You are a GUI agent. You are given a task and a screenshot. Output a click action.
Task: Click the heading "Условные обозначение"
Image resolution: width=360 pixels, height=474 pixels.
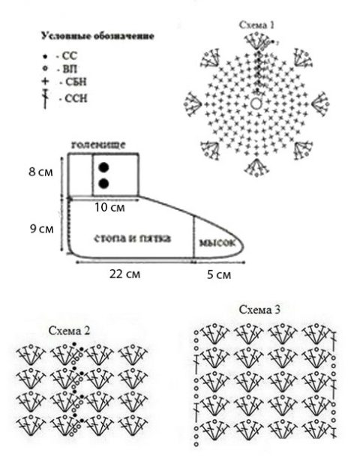pyautogui.click(x=97, y=36)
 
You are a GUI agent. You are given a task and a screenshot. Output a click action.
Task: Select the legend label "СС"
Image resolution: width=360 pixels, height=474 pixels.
pyautogui.click(x=70, y=56)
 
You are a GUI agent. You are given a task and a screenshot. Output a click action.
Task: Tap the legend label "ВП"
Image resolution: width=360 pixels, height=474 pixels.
pyautogui.click(x=70, y=69)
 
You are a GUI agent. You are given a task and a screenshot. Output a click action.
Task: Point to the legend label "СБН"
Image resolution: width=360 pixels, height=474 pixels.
pyautogui.click(x=76, y=82)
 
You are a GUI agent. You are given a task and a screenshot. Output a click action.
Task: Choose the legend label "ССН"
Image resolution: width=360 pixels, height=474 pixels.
pyautogui.click(x=76, y=98)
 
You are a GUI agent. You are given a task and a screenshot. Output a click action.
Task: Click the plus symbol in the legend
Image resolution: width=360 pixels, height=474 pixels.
pyautogui.click(x=45, y=81)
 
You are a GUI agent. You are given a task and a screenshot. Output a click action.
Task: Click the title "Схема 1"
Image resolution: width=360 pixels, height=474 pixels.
pyautogui.click(x=257, y=25)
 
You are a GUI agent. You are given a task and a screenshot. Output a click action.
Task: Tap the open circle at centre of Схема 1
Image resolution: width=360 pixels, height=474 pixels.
pyautogui.click(x=256, y=103)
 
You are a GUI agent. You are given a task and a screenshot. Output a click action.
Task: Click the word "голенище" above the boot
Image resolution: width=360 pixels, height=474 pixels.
pyautogui.click(x=98, y=145)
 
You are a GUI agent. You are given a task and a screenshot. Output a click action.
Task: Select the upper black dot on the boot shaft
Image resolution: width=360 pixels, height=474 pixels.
pyautogui.click(x=103, y=167)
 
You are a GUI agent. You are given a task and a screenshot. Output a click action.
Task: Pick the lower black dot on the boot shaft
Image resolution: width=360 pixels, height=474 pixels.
pyautogui.click(x=103, y=184)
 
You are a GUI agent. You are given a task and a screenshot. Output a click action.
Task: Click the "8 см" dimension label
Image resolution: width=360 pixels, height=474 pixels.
pyautogui.click(x=40, y=172)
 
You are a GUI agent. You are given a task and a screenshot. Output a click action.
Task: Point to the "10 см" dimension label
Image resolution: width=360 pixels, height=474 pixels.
pyautogui.click(x=109, y=207)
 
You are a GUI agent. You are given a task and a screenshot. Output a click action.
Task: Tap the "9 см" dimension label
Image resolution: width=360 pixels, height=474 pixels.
pyautogui.click(x=41, y=229)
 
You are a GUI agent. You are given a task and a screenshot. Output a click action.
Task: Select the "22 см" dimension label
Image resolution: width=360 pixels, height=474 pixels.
pyautogui.click(x=124, y=274)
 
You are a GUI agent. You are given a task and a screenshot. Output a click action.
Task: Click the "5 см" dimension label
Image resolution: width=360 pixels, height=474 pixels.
pyautogui.click(x=219, y=274)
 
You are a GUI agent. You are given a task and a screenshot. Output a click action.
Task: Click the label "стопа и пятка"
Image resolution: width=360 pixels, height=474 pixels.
pyautogui.click(x=133, y=238)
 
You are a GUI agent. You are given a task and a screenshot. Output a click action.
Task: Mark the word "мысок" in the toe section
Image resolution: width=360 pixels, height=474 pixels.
pyautogui.click(x=217, y=243)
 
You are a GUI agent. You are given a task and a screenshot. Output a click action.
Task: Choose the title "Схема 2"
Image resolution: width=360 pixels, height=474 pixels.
pyautogui.click(x=69, y=331)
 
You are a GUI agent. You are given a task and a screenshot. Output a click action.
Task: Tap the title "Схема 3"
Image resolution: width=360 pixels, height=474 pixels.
pyautogui.click(x=259, y=310)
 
